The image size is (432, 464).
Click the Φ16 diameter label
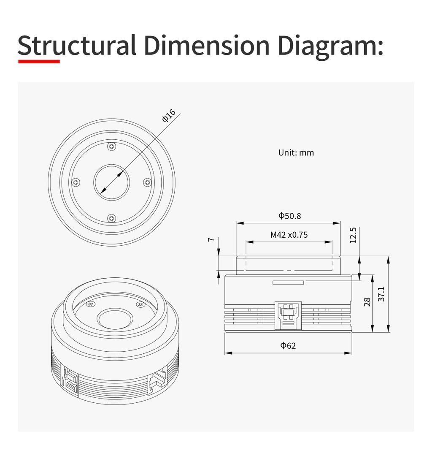[169, 115]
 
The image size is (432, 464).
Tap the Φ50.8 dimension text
[289, 216]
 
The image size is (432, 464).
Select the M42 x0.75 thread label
[289, 235]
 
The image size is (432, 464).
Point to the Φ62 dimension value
[288, 345]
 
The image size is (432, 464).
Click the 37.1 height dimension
[381, 294]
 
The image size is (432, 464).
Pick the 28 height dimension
[367, 302]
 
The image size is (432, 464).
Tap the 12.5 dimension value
[353, 235]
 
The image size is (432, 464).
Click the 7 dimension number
[211, 239]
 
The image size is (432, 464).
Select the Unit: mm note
[296, 153]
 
